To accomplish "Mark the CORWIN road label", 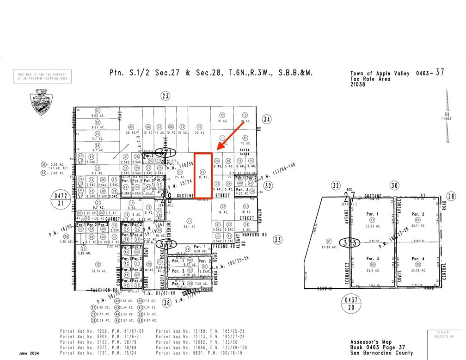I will tap(325, 289).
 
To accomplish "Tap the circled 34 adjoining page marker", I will tap(267, 119).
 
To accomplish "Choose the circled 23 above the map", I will tap(166, 96).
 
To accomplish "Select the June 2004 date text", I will tap(29, 353).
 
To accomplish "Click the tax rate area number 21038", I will tap(357, 84).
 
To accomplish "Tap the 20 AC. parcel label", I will tap(199, 133).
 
